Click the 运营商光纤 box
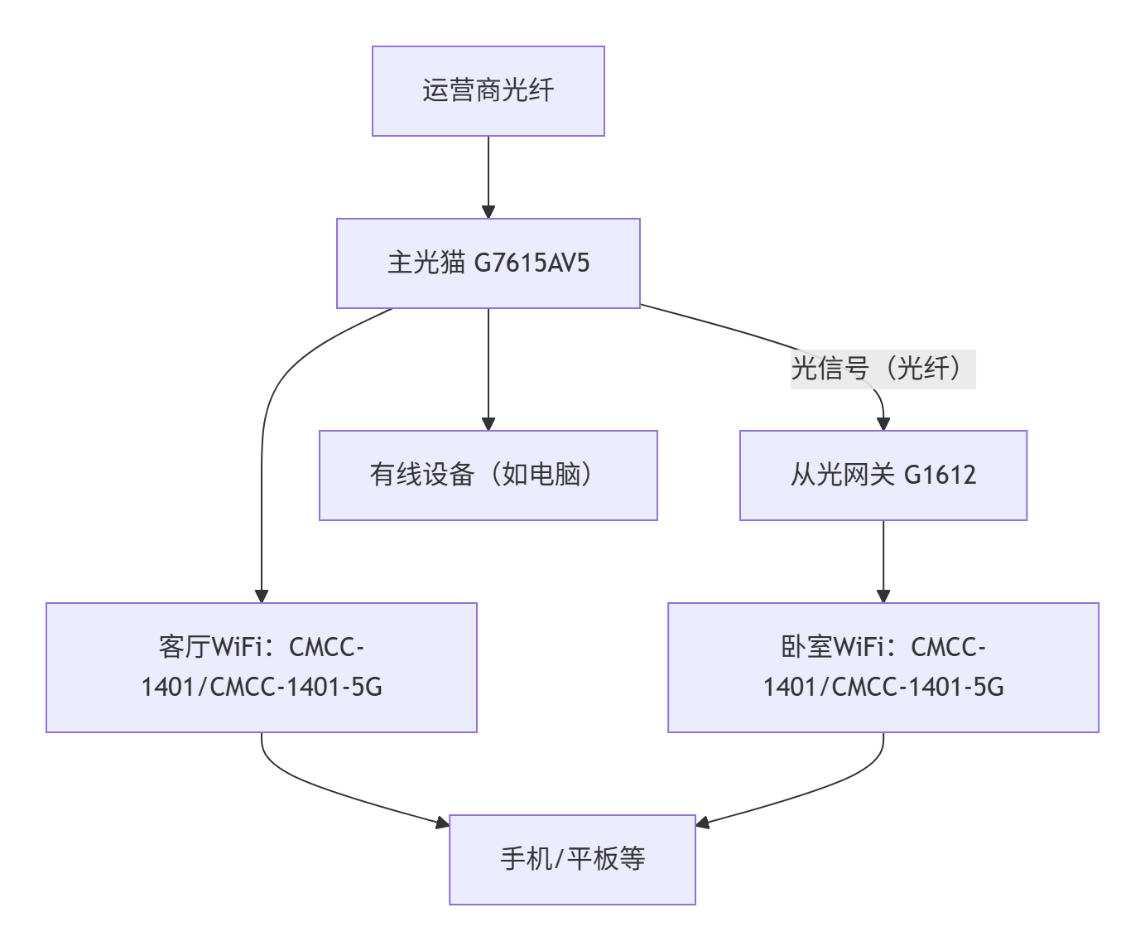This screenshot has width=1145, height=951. tap(488, 91)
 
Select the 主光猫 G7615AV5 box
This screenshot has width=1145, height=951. tap(488, 263)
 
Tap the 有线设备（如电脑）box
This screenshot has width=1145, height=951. tap(488, 475)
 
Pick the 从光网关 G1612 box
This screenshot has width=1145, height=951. tap(883, 475)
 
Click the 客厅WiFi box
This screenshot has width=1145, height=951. tap(261, 667)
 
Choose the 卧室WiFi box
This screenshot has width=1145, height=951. tap(883, 667)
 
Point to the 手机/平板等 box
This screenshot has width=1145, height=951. tap(572, 859)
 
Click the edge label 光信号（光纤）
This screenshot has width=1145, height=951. tap(883, 369)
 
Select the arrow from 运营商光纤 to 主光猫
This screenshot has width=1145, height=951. tap(488, 176)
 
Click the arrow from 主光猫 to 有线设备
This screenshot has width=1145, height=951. tap(488, 369)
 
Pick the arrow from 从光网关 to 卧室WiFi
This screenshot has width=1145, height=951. tap(883, 561)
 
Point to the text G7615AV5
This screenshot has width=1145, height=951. tap(532, 263)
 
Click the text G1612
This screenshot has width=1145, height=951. tap(940, 475)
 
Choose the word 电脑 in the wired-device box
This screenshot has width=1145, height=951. tap(555, 475)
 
